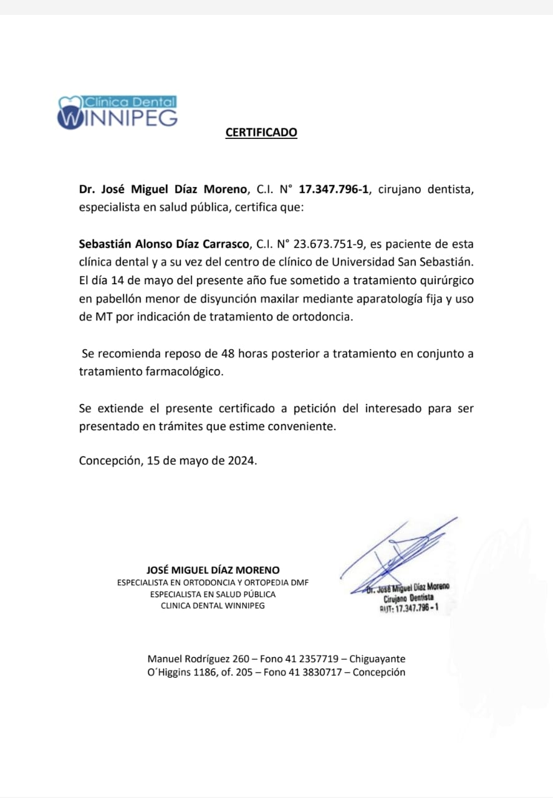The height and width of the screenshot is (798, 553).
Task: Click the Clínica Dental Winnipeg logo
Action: [x=117, y=112]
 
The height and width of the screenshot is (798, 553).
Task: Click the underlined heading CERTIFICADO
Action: [x=261, y=132]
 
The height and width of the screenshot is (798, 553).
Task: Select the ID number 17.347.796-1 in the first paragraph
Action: [x=334, y=189]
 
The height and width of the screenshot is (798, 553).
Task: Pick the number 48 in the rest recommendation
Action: [x=228, y=353]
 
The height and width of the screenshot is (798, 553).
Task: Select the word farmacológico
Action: [x=184, y=372]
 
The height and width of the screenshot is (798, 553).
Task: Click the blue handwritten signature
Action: [x=399, y=552]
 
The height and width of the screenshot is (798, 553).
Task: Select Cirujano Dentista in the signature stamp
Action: [x=408, y=597]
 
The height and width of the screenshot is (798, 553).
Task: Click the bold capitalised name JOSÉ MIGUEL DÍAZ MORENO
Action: [x=213, y=570]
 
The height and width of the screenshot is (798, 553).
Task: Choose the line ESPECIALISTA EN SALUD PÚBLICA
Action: [x=213, y=594]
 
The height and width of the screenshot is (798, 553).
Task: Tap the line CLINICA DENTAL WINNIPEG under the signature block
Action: [x=213, y=605]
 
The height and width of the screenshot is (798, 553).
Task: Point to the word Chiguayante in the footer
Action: [x=377, y=659]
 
